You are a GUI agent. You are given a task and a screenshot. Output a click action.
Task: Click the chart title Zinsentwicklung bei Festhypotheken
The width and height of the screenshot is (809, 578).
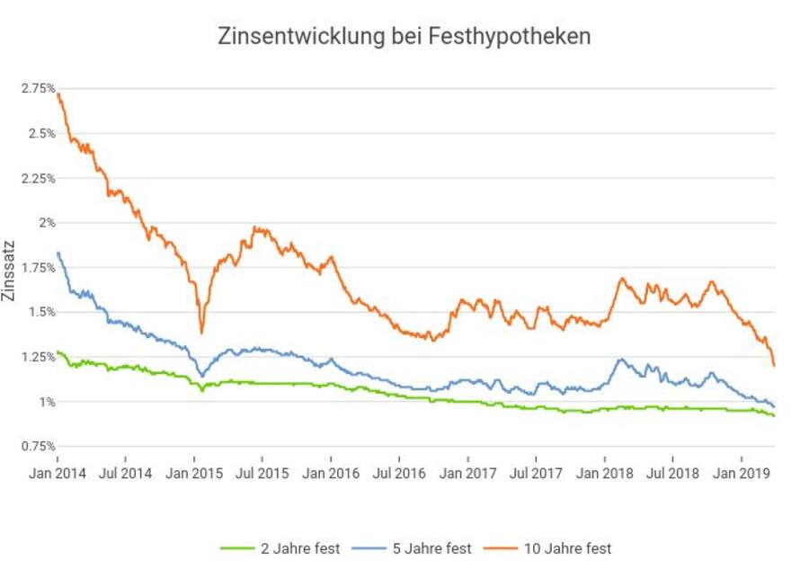point(404,37)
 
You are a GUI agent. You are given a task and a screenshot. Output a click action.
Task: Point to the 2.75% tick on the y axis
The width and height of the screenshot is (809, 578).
point(40,88)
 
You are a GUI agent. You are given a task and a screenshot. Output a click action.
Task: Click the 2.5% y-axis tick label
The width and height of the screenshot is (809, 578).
point(42,133)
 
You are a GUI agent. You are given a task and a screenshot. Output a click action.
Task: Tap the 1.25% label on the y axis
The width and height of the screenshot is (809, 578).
point(40,357)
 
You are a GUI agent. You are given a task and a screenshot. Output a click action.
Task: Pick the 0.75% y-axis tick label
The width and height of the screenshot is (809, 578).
point(40,446)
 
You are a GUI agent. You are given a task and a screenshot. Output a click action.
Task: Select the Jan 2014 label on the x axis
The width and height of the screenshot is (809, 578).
point(58,471)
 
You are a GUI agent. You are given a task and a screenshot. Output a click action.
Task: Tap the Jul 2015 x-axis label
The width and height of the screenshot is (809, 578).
point(262,471)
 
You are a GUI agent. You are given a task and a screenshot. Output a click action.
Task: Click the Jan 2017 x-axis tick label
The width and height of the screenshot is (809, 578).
point(467,471)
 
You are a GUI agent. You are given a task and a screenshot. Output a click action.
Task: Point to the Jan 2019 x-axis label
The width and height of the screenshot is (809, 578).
point(741,471)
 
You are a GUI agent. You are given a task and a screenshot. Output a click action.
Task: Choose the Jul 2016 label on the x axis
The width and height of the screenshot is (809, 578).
point(399,471)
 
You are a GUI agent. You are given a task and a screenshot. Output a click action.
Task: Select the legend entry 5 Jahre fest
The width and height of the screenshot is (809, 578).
point(421,547)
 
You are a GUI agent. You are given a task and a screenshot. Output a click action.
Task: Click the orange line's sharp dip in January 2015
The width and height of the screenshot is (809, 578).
point(201,333)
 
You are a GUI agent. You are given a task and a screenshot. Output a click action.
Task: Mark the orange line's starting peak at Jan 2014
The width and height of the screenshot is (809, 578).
point(58,94)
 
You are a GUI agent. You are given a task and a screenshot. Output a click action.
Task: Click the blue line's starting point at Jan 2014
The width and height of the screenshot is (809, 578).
point(58,253)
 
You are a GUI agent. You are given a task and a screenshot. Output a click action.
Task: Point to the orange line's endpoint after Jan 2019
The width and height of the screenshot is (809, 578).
point(774,365)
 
